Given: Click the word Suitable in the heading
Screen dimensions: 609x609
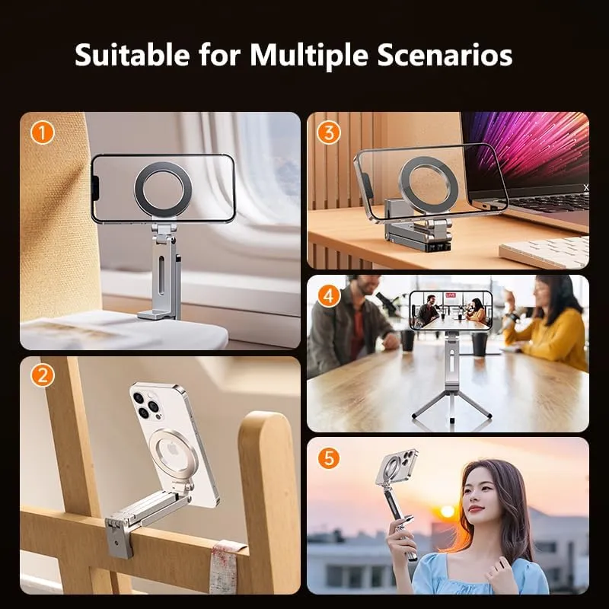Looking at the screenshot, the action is (132, 55).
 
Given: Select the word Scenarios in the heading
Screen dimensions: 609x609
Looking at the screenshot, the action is (445, 55).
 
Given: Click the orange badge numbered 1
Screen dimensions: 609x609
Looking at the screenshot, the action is (43, 132).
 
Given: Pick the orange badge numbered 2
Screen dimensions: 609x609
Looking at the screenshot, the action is (43, 375).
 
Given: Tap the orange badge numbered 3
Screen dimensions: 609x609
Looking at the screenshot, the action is (329, 132).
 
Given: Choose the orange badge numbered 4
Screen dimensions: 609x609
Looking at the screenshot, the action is (329, 296).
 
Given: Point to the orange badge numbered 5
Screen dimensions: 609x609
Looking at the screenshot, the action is (329, 458).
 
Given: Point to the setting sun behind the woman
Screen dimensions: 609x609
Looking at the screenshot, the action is (448, 512).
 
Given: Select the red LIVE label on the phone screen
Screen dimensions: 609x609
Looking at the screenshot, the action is (451, 295).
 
